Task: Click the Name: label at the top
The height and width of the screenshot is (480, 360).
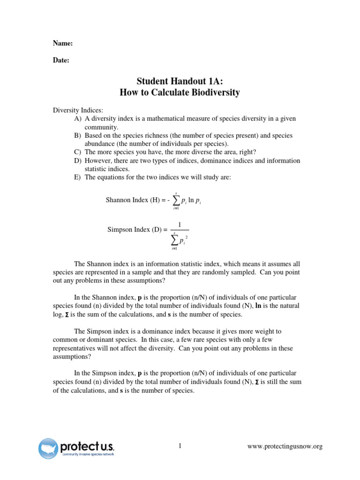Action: (62, 43)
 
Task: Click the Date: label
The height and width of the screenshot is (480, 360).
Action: (61, 60)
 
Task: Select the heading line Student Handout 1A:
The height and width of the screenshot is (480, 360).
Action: (180, 81)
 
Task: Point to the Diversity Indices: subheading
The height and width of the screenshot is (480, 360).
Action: (77, 110)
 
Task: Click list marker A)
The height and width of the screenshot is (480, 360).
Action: (77, 119)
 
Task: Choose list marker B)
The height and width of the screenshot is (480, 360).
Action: (77, 135)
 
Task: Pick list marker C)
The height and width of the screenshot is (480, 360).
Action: (77, 152)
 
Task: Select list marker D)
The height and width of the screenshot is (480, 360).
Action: (77, 161)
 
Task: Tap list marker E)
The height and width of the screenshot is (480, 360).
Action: (77, 177)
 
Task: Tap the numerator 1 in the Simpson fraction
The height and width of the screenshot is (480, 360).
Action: (180, 225)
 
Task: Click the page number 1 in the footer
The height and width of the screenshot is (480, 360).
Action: (180, 446)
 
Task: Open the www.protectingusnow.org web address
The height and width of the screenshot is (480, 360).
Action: (285, 447)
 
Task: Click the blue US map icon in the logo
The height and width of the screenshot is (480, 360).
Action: (48, 448)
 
